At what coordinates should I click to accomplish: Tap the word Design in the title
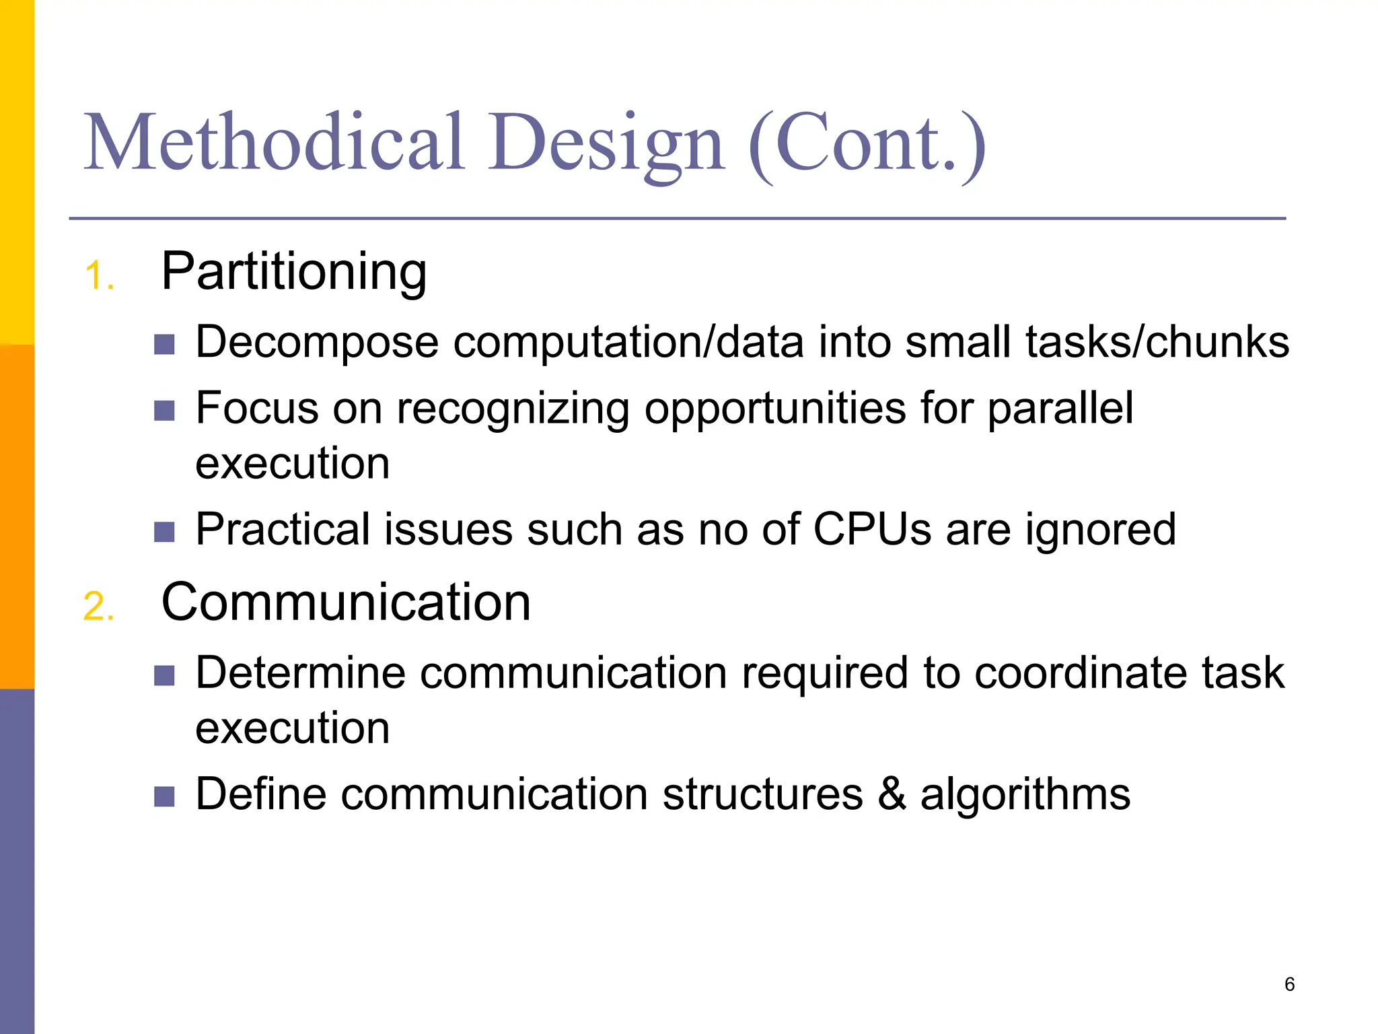[x=606, y=145]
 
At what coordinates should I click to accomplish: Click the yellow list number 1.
[x=98, y=276]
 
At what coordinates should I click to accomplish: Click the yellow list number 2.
[x=98, y=607]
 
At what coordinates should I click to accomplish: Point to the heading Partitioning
[x=294, y=273]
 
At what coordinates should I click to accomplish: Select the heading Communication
[x=346, y=602]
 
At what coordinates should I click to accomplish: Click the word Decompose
[x=316, y=343]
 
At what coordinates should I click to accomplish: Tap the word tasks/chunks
[x=1157, y=341]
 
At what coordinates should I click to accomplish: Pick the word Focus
[x=256, y=408]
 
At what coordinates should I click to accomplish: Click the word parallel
[x=1060, y=408]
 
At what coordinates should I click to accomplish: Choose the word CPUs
[x=872, y=529]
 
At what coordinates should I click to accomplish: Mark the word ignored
[x=1101, y=530]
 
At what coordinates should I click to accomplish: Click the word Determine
[x=300, y=673]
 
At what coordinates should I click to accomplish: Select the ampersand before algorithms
[x=892, y=794]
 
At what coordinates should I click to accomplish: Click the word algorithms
[x=1025, y=795]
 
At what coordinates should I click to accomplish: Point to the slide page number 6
[x=1289, y=984]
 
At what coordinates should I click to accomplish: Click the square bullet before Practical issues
[x=164, y=532]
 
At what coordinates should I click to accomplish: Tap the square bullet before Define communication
[x=164, y=796]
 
